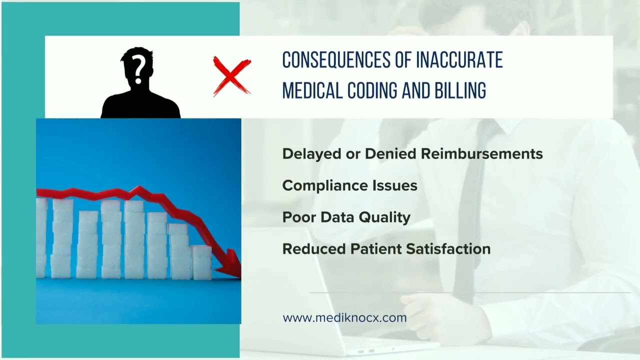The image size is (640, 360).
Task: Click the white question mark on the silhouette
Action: [138, 69]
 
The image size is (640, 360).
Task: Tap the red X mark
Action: [232, 76]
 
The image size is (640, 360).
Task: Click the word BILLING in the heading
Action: [460, 90]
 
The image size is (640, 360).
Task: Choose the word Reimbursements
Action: [481, 153]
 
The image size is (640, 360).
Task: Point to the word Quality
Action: [384, 218]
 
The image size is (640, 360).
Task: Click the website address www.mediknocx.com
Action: [344, 318]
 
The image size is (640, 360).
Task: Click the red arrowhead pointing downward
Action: [230, 264]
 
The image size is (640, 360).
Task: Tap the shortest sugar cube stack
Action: [202, 262]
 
